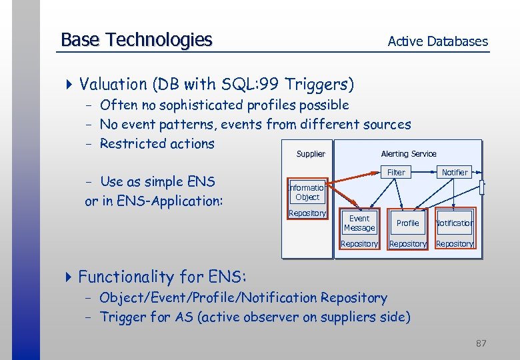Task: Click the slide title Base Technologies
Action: tap(136, 40)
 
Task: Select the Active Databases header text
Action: tap(437, 41)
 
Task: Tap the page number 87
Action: tap(481, 343)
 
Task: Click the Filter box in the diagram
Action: tap(396, 172)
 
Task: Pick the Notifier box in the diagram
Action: tap(455, 172)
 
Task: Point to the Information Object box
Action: tap(307, 193)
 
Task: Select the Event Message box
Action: tap(359, 223)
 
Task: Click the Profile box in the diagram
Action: tap(407, 223)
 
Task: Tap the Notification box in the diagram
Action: tap(454, 223)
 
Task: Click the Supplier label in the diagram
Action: tap(311, 154)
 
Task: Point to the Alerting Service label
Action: tap(409, 154)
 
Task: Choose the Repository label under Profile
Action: tap(407, 244)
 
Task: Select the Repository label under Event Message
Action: tap(359, 244)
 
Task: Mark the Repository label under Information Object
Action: tap(307, 213)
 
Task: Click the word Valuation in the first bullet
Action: tap(113, 85)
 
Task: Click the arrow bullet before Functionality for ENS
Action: tap(70, 276)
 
